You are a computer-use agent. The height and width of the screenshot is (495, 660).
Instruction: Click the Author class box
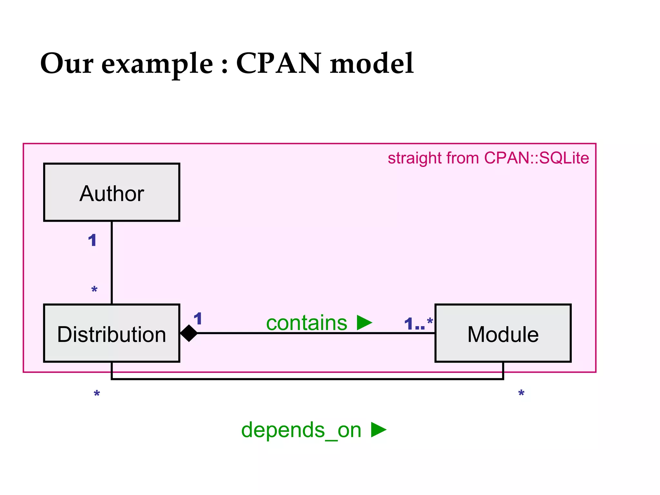112,192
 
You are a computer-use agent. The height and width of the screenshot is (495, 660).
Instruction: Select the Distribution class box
112,333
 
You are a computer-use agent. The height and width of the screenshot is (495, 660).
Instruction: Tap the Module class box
503,333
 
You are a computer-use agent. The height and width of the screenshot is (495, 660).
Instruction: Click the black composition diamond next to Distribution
189,333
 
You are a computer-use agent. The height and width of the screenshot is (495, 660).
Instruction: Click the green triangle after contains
364,323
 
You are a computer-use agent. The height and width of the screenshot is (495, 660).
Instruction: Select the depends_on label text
301,430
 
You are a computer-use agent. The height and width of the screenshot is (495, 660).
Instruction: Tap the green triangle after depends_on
378,430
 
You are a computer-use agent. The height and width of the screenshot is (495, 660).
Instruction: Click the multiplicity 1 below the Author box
92,240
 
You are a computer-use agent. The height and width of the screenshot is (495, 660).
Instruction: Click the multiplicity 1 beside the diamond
198,319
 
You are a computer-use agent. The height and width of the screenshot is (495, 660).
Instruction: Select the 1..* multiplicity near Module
418,324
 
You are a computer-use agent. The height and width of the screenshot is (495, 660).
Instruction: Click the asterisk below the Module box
521,394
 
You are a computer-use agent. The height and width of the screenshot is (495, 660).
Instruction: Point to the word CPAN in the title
278,63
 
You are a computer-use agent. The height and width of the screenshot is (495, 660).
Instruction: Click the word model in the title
372,63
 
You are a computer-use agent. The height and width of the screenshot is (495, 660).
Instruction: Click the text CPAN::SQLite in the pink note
536,158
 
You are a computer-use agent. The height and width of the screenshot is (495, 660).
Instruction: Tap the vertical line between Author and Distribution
112,263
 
